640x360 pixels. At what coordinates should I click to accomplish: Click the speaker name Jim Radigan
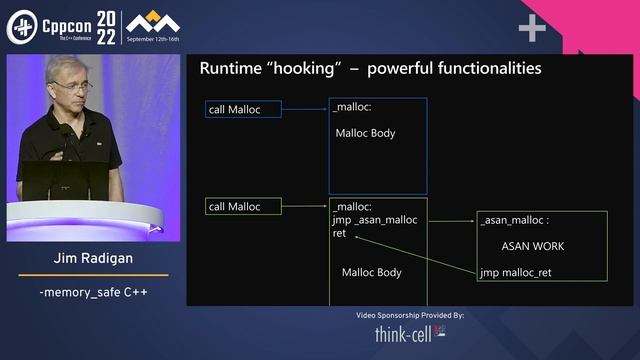pyautogui.click(x=93, y=259)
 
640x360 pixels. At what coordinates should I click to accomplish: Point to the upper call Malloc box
pyautogui.click(x=243, y=109)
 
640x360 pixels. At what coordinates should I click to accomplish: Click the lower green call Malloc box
pyautogui.click(x=243, y=207)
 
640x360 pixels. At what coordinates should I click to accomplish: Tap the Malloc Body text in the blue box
pyautogui.click(x=366, y=133)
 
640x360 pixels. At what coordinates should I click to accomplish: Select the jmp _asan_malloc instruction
pyautogui.click(x=374, y=220)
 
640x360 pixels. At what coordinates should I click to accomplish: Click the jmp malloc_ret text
pyautogui.click(x=515, y=272)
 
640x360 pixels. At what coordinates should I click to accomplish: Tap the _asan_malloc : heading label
pyautogui.click(x=515, y=220)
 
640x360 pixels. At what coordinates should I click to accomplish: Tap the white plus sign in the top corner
pyautogui.click(x=531, y=29)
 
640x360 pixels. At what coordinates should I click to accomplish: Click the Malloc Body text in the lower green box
pyautogui.click(x=372, y=272)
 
